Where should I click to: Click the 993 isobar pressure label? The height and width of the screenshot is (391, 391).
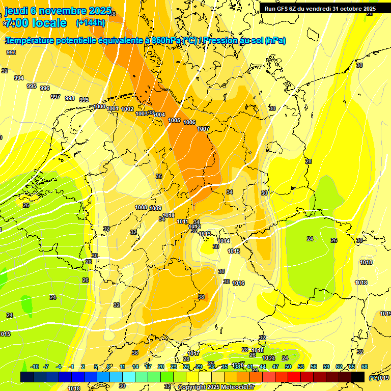click(11, 52)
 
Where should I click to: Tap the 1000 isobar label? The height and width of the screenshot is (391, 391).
click(100, 106)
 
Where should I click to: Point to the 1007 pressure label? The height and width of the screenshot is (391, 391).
click(203, 129)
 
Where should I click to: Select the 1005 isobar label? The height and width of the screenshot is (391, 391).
click(174, 120)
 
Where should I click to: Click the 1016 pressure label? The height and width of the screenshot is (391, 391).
click(238, 283)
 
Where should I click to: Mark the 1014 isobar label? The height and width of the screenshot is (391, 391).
click(224, 241)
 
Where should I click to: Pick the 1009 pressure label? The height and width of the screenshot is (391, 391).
click(156, 208)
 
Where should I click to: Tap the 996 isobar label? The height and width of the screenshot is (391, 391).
click(45, 88)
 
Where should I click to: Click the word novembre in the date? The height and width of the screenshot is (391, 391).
click(61, 11)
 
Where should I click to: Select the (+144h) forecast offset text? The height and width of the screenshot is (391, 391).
click(91, 22)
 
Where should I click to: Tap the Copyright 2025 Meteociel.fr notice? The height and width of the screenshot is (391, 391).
click(216, 387)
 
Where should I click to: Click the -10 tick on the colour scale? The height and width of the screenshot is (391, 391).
click(35, 367)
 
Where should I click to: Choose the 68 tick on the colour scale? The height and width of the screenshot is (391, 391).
click(365, 367)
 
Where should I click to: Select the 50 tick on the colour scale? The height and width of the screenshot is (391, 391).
click(288, 367)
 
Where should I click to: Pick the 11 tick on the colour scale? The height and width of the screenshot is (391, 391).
click(123, 367)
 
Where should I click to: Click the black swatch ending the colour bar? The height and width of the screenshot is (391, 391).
click(358, 377)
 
